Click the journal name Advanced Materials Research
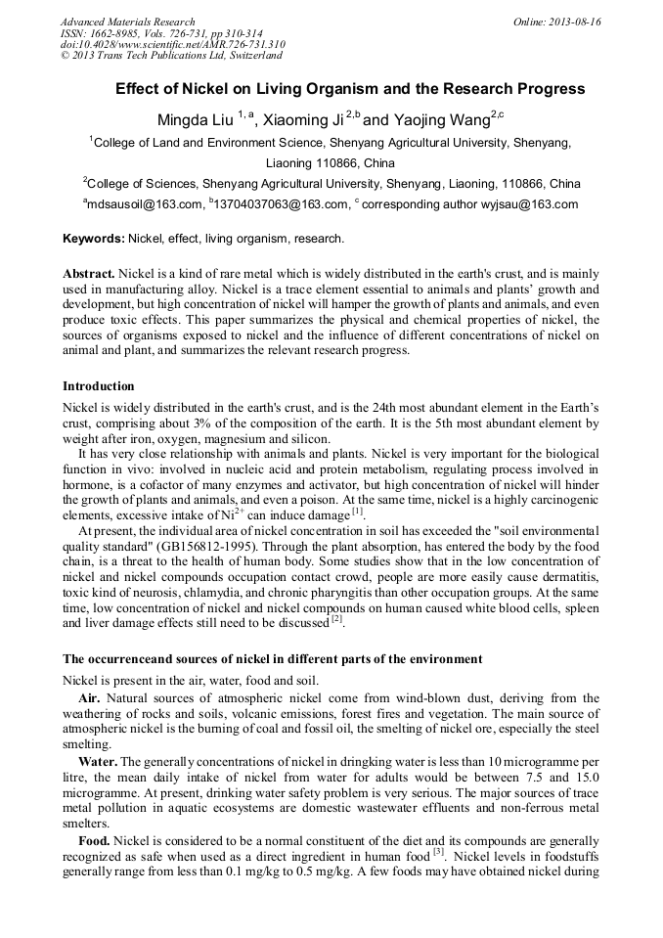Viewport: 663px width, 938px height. (x=127, y=22)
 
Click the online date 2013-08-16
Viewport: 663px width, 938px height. (x=575, y=22)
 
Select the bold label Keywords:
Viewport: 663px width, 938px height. (x=94, y=239)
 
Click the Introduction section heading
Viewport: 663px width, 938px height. (x=99, y=386)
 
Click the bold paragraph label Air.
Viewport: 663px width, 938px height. (x=90, y=698)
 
